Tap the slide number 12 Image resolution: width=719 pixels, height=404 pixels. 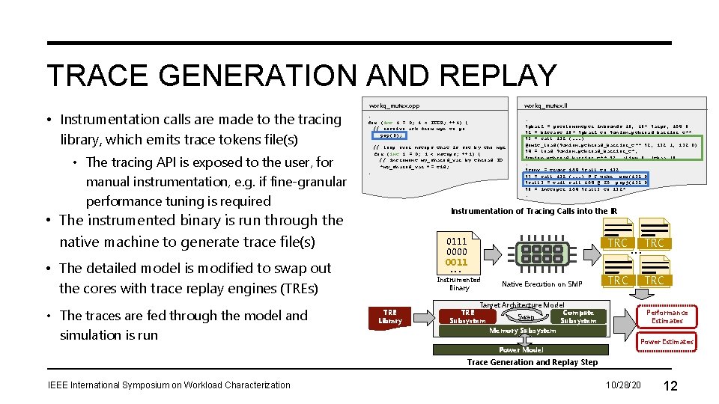tap(670, 385)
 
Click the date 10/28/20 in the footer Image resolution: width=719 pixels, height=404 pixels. tap(624, 385)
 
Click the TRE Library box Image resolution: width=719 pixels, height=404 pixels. tap(389, 316)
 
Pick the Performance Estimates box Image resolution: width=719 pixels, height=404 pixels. tap(667, 316)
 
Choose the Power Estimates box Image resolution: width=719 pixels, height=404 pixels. tap(667, 342)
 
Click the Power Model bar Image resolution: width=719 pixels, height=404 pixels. tap(521, 349)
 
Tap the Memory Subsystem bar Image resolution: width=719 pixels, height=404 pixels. tap(522, 331)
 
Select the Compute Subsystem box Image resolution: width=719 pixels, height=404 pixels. tap(578, 316)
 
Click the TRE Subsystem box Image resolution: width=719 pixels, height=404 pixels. tap(467, 316)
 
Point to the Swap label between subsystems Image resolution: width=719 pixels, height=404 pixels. tap(526, 316)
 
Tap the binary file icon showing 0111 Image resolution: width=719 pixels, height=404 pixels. tap(457, 252)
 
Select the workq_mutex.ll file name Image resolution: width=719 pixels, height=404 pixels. tap(550, 105)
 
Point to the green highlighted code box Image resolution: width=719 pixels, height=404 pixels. tap(613, 142)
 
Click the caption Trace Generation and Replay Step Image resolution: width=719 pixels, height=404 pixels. tap(532, 362)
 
